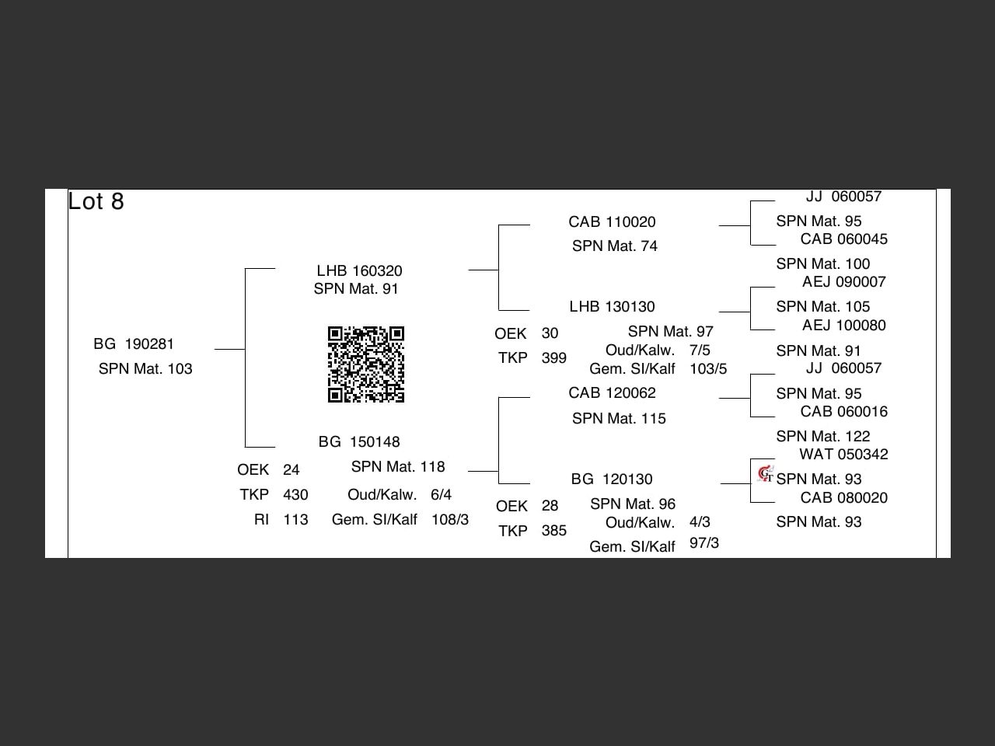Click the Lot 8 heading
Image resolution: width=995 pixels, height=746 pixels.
click(x=96, y=201)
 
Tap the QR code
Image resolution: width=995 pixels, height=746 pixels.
click(x=366, y=364)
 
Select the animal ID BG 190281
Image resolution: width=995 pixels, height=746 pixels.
click(x=134, y=344)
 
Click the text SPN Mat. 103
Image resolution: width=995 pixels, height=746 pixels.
click(x=145, y=369)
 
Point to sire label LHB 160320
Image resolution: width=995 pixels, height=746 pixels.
click(x=359, y=271)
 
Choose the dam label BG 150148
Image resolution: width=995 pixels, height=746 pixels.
click(x=359, y=442)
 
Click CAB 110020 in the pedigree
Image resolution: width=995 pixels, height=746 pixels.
click(x=612, y=222)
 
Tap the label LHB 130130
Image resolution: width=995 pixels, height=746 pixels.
click(x=612, y=307)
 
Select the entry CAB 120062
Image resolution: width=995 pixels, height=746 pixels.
click(x=612, y=393)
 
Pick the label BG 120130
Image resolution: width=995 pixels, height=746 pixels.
click(x=612, y=479)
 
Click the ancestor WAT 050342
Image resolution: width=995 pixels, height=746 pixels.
click(x=843, y=455)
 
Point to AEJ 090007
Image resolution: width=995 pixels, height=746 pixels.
click(x=843, y=282)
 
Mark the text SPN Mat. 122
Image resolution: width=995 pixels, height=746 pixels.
click(x=822, y=437)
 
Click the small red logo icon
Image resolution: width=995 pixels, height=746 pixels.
click(x=766, y=473)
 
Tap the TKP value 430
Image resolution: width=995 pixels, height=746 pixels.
click(x=295, y=495)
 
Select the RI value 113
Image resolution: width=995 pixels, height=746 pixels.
click(x=295, y=520)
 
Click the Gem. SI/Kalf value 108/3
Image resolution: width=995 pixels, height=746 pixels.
click(x=450, y=520)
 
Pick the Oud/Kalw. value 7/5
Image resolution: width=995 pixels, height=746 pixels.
click(x=700, y=350)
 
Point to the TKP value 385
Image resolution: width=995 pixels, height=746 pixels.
click(x=553, y=531)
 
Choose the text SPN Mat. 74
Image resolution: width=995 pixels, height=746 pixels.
click(x=615, y=246)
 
